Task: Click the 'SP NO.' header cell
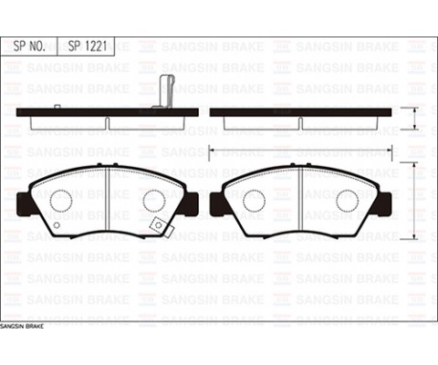tap(31, 45)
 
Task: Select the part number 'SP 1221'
tap(91, 45)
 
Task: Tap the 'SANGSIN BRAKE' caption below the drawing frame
tap(22, 326)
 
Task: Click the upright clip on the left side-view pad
tap(166, 91)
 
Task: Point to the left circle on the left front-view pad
tap(61, 201)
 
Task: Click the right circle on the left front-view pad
tap(153, 201)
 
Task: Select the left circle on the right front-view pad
tap(254, 201)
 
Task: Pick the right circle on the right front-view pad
tap(347, 201)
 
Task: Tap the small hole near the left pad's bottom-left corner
tap(55, 225)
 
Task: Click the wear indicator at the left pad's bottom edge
tap(157, 224)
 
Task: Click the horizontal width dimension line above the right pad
tap(300, 148)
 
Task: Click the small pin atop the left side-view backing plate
tap(57, 107)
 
